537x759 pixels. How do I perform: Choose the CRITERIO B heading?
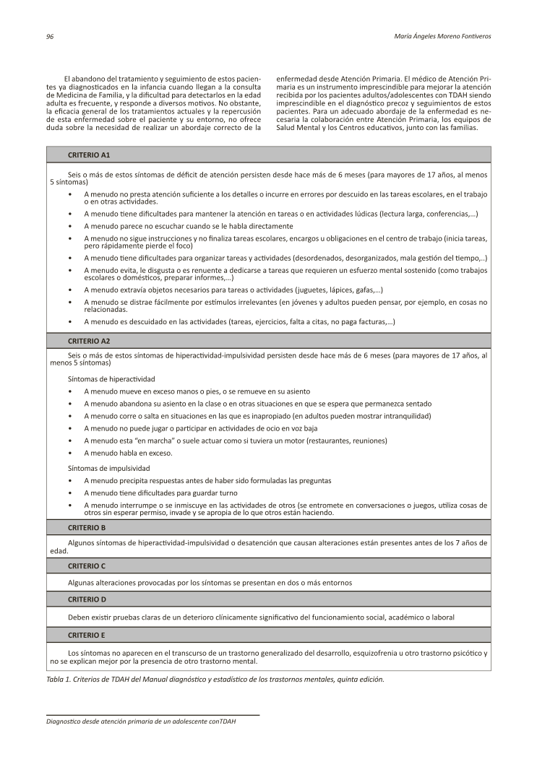tap(87, 527)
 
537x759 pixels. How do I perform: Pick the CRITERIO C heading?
tap(87, 565)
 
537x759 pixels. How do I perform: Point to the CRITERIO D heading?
tap(87, 599)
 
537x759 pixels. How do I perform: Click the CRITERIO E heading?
tap(87, 635)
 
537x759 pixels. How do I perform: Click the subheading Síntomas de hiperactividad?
tap(111, 378)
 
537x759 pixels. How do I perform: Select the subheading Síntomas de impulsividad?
tap(109, 468)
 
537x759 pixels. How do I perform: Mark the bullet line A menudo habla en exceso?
tap(128, 453)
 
